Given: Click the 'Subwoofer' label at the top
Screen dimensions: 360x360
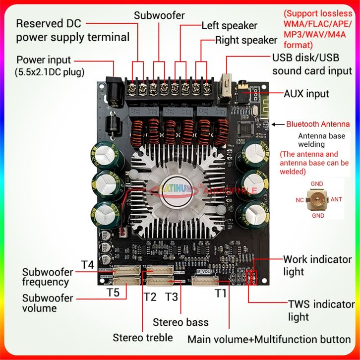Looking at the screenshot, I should click(x=159, y=16).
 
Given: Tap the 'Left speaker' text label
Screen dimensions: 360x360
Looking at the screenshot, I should click(x=229, y=26).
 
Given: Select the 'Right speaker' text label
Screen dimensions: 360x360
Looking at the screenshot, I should click(x=246, y=40).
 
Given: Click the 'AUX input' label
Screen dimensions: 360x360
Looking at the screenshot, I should click(x=306, y=93).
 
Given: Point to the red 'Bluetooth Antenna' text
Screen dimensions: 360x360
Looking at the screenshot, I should click(x=318, y=124).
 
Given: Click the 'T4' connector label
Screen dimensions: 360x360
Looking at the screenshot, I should click(x=87, y=264).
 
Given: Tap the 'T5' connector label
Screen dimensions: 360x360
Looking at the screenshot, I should click(x=113, y=293).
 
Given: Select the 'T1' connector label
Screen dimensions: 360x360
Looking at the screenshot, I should click(x=221, y=293).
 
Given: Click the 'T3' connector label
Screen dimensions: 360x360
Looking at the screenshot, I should click(x=171, y=297).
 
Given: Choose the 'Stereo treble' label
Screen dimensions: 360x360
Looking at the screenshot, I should click(x=143, y=338).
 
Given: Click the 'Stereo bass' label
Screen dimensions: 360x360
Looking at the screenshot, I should click(x=180, y=322).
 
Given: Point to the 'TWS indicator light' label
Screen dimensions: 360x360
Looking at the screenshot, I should click(x=321, y=310).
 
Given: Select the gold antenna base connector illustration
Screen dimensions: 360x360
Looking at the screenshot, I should click(x=316, y=199).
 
